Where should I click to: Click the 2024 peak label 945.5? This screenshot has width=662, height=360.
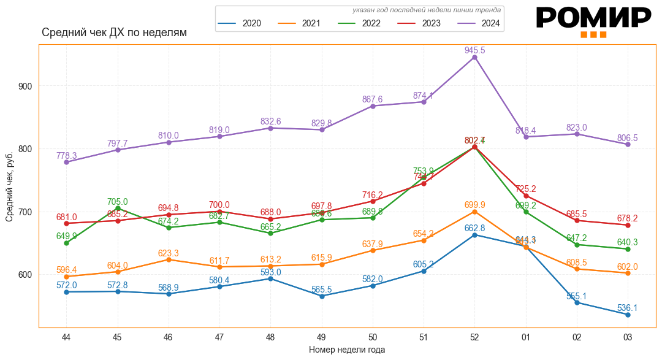click(x=474, y=50)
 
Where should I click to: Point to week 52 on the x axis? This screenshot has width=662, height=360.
click(x=474, y=337)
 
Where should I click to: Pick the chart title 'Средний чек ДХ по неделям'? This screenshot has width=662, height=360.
click(x=114, y=33)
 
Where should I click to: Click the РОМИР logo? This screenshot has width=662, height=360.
click(x=593, y=21)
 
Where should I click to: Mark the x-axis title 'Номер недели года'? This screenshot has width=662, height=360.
click(x=347, y=350)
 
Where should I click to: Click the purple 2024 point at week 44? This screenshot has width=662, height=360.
click(x=66, y=162)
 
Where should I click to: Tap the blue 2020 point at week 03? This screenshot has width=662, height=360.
click(x=628, y=315)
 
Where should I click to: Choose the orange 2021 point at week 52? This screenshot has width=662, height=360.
click(x=474, y=212)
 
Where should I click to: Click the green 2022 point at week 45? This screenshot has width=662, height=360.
click(x=117, y=209)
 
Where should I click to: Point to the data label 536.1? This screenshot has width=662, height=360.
click(x=627, y=308)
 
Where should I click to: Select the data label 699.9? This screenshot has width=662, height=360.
click(x=474, y=205)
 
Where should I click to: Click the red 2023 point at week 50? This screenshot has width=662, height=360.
click(x=373, y=201)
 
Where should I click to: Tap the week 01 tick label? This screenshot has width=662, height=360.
click(x=526, y=337)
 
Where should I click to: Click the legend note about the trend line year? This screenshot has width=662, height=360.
click(x=427, y=10)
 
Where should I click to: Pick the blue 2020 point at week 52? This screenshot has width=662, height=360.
click(x=474, y=235)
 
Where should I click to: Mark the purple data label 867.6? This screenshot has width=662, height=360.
click(x=372, y=99)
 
